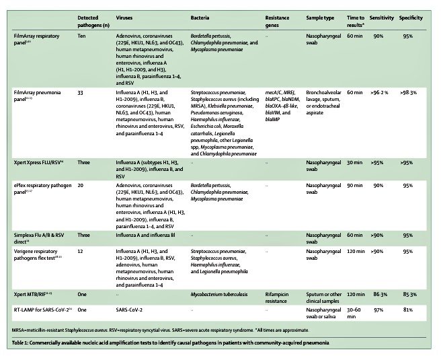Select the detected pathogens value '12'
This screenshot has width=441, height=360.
81,250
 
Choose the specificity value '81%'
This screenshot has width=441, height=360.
408,310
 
